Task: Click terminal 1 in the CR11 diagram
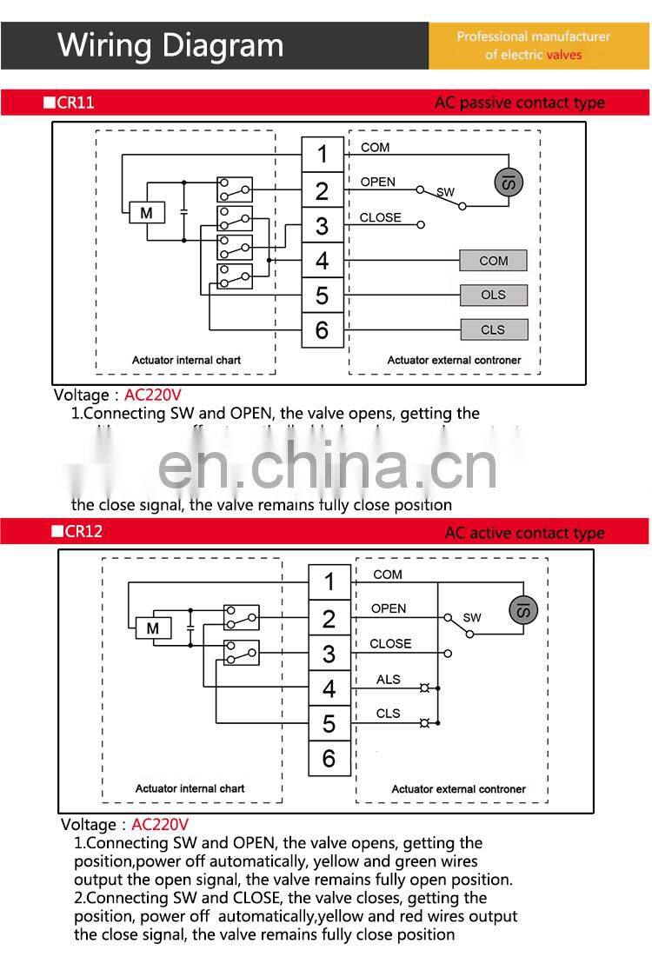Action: (x=323, y=155)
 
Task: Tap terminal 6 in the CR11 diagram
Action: (x=323, y=330)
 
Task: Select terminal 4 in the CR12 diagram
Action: (x=329, y=688)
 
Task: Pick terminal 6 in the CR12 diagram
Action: (x=329, y=758)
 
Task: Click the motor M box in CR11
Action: (x=147, y=213)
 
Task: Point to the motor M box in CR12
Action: (x=153, y=628)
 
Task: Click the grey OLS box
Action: (x=493, y=295)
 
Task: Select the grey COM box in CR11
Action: (x=493, y=260)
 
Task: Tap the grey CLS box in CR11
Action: (x=493, y=329)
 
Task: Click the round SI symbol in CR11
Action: (x=509, y=182)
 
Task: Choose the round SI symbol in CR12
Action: (x=523, y=609)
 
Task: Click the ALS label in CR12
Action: (x=389, y=679)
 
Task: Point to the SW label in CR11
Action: (x=445, y=191)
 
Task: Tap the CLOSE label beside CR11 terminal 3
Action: (x=381, y=217)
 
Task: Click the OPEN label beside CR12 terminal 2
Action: (x=389, y=608)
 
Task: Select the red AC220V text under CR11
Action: (x=153, y=395)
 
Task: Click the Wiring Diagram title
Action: (x=170, y=45)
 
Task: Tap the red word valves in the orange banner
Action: (x=564, y=55)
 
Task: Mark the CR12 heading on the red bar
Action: (x=83, y=531)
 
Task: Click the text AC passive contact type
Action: (x=519, y=103)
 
